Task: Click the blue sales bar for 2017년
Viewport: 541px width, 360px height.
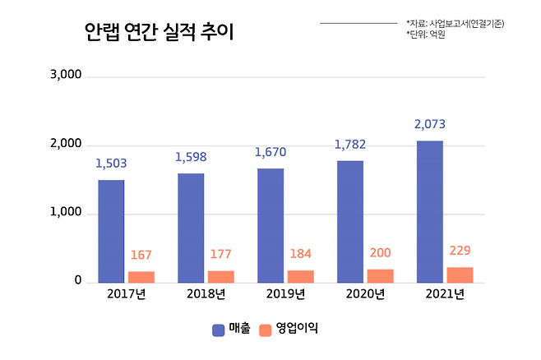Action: [x=111, y=232]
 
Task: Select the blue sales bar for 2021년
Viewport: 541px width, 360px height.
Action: [x=430, y=212]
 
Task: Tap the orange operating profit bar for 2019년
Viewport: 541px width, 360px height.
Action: [x=301, y=276]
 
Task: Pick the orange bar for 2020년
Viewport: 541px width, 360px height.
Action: [x=380, y=276]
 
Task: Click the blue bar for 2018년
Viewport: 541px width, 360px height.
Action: [x=191, y=228]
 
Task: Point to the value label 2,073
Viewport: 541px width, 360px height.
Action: [x=430, y=124]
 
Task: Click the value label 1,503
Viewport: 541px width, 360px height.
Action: [x=111, y=164]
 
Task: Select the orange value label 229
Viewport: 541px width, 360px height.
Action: [x=460, y=251]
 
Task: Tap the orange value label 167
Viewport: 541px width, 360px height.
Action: [x=141, y=255]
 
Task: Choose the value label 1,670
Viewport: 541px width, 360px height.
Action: [x=270, y=152]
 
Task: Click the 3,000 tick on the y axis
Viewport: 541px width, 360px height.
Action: [x=66, y=75]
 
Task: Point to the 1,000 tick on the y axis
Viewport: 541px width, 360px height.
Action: [x=66, y=212]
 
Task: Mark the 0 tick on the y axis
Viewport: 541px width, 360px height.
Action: [x=78, y=280]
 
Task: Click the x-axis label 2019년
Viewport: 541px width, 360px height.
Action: [x=285, y=294]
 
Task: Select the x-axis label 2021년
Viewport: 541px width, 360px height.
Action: [x=445, y=294]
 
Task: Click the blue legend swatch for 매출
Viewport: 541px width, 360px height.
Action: [x=219, y=330]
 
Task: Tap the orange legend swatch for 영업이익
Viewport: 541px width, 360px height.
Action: [x=265, y=330]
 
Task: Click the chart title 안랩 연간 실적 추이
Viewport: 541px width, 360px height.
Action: [x=159, y=32]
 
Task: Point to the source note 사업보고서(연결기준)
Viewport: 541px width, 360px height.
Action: [x=467, y=24]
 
